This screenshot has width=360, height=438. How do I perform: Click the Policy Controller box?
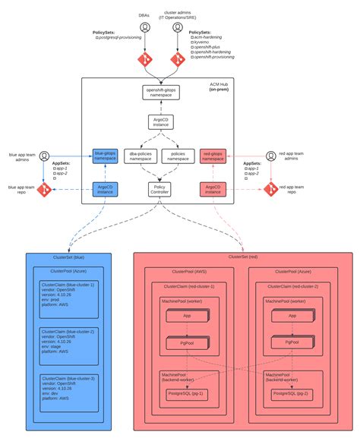(161, 189)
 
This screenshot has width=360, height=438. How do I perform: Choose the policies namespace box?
(179, 156)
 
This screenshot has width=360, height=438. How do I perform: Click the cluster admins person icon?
(179, 27)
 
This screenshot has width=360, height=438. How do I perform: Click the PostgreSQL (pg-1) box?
(186, 394)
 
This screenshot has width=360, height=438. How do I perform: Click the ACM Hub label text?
(220, 84)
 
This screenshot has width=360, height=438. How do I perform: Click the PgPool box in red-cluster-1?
(186, 343)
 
